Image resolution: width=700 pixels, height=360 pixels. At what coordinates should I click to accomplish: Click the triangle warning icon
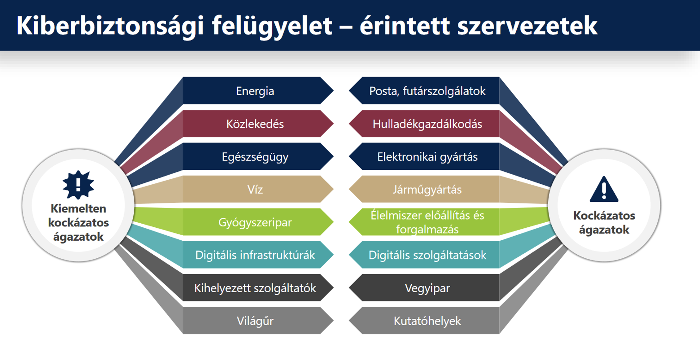coord(604,190)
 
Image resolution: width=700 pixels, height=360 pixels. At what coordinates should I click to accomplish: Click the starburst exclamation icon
coord(78,185)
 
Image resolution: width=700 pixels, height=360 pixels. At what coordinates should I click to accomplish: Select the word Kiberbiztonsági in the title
coord(110,26)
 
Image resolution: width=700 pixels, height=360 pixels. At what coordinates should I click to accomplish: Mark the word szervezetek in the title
coord(527,26)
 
